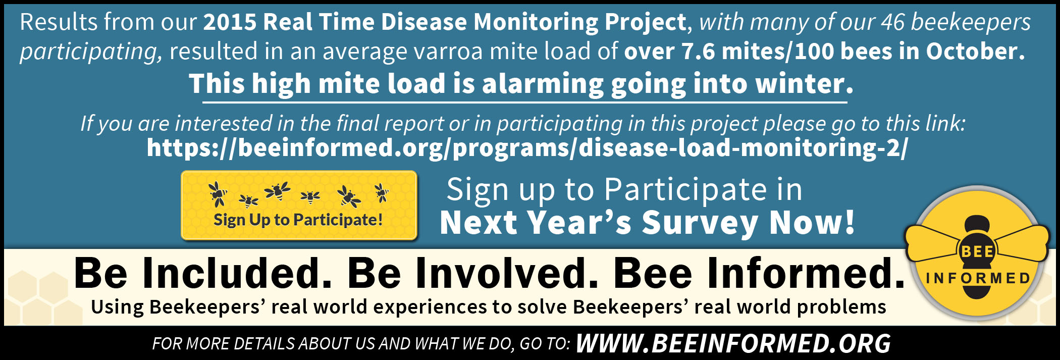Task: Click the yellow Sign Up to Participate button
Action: tap(299, 205)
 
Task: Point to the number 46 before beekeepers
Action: tap(893, 22)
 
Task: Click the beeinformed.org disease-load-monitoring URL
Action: tap(527, 148)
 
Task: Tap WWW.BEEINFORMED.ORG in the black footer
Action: tap(733, 344)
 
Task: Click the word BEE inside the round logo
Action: tap(978, 251)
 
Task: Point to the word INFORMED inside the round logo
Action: tap(978, 278)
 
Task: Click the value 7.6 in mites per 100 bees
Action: tap(699, 52)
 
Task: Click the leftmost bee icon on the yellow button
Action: tap(218, 194)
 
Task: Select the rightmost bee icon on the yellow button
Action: tap(382, 192)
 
